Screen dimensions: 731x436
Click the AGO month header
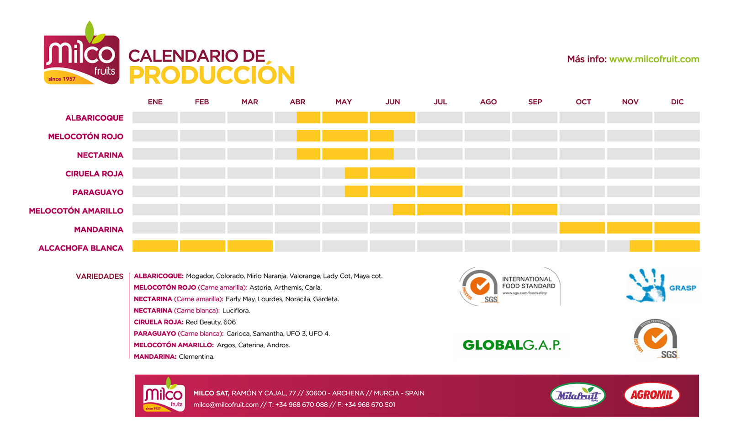click(x=488, y=102)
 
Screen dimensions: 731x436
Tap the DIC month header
click(x=677, y=102)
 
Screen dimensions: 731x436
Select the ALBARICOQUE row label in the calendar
click(x=94, y=118)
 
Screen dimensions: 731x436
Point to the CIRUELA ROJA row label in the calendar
click(x=94, y=174)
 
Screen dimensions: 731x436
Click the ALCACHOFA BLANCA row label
click(x=81, y=248)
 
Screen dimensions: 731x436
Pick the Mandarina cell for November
click(x=630, y=228)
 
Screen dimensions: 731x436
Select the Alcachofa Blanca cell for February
click(x=202, y=246)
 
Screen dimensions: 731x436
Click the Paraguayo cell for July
click(x=440, y=191)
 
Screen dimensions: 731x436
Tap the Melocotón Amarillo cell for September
click(x=535, y=209)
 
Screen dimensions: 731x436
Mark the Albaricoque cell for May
click(x=345, y=117)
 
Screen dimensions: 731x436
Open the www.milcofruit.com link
click(x=654, y=59)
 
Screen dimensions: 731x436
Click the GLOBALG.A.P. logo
click(x=512, y=345)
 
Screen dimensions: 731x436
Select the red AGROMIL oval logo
click(x=652, y=395)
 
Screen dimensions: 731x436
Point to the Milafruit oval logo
click(x=577, y=395)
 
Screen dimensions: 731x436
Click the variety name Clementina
click(x=196, y=356)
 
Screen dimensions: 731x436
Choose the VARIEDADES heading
click(x=100, y=276)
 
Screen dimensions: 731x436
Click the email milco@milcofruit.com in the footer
click(x=226, y=404)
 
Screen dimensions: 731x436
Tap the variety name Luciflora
click(x=236, y=311)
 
